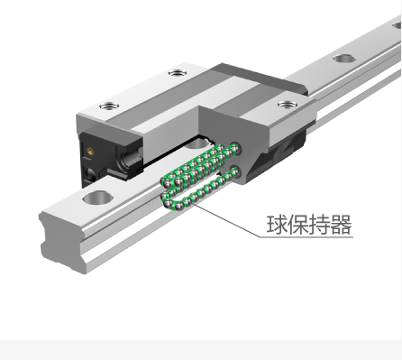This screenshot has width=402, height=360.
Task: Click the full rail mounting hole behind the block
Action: pos(343,59)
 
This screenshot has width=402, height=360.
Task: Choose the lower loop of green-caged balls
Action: pos(198,189)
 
